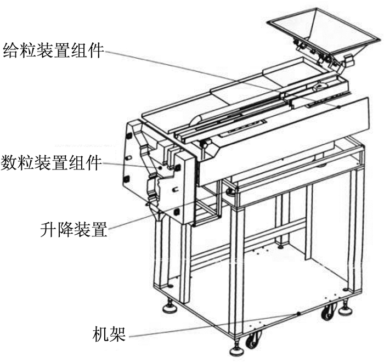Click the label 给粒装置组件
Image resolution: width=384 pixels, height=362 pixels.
53,50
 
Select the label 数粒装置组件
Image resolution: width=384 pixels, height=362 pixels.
51,163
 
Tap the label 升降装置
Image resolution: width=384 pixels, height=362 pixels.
74,229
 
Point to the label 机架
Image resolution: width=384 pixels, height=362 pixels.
109,334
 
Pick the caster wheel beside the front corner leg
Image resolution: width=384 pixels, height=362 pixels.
253,340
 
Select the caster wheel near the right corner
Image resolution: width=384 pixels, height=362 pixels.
329,311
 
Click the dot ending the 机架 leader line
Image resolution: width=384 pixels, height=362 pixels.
298,314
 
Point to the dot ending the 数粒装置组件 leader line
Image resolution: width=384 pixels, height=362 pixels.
160,168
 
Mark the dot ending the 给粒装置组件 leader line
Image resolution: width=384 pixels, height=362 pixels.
338,107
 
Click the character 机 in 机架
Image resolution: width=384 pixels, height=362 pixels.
100,334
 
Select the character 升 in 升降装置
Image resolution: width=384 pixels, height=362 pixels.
48,229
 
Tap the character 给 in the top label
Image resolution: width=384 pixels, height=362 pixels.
10,50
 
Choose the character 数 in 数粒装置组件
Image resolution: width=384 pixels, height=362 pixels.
9,163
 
